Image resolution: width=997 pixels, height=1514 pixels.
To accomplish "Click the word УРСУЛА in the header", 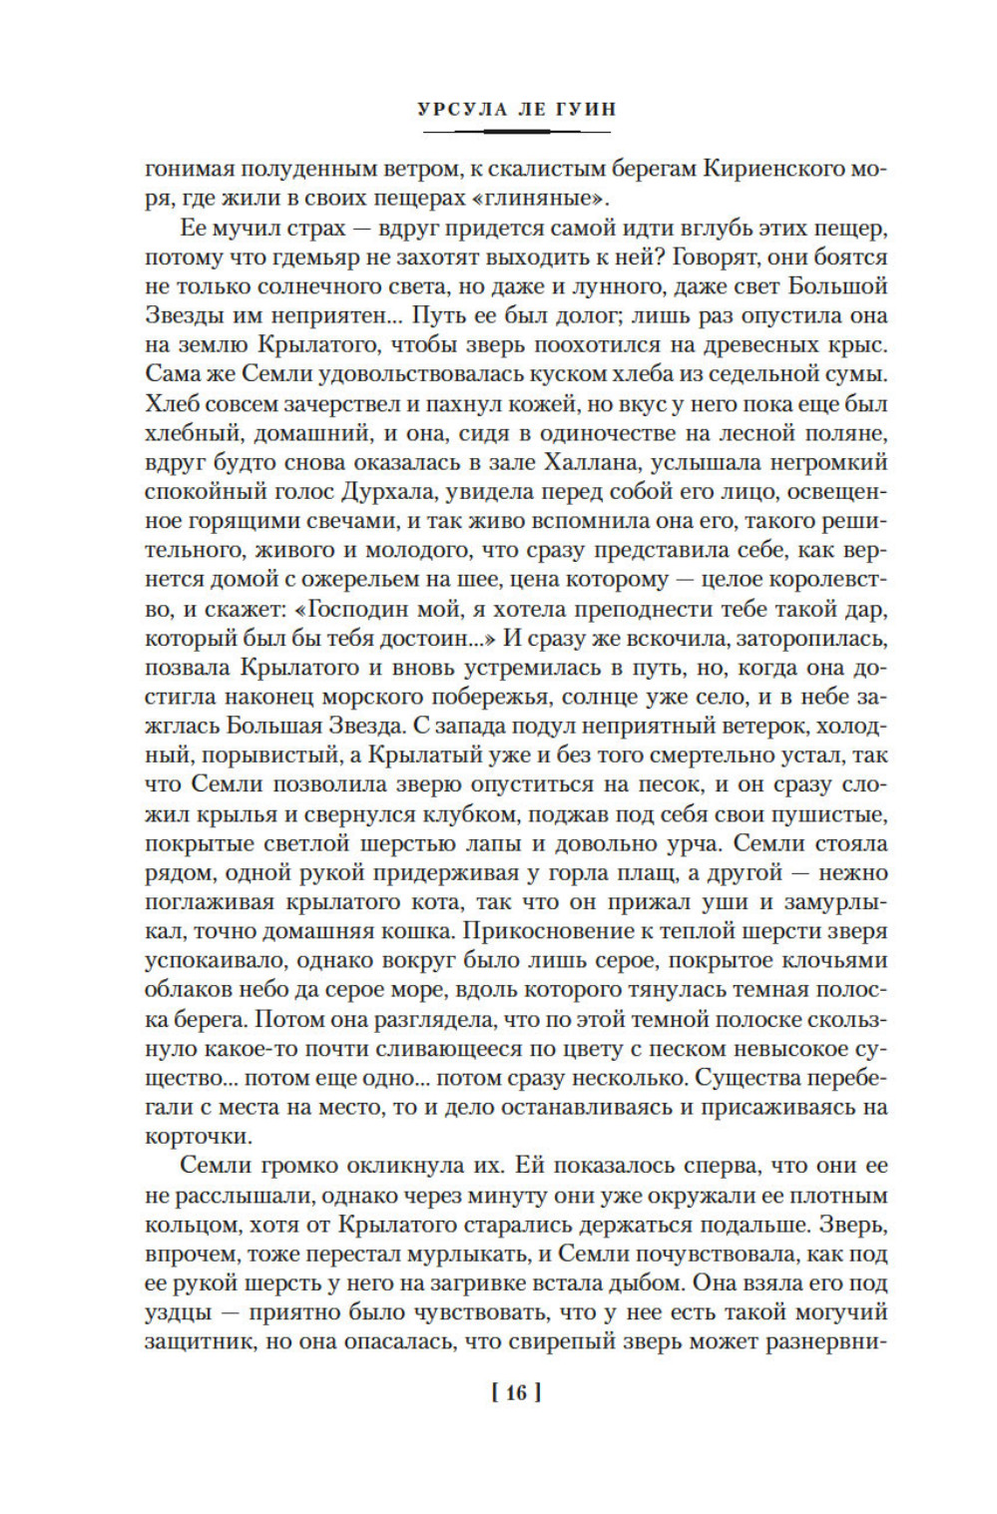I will (x=455, y=109).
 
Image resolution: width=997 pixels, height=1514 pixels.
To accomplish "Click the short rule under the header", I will (x=517, y=130).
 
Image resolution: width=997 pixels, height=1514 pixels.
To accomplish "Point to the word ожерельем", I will (x=340, y=579).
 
